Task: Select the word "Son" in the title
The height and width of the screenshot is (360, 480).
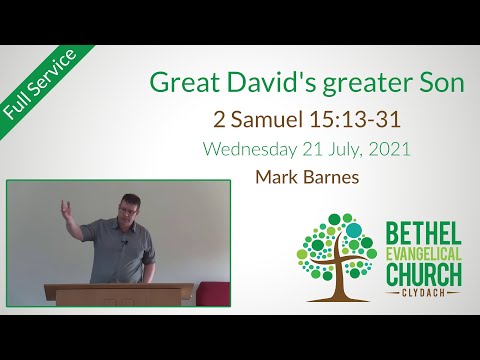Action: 440,84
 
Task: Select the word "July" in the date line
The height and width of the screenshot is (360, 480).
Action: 345,151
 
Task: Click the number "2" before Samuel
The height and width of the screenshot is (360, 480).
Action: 219,119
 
